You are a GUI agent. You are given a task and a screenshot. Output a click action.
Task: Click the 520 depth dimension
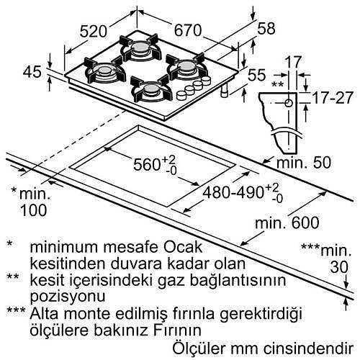(93, 31)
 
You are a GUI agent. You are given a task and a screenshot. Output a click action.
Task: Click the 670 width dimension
(188, 30)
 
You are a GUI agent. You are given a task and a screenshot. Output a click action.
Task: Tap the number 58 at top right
(266, 28)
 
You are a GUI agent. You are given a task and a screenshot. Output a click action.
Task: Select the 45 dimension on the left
(32, 72)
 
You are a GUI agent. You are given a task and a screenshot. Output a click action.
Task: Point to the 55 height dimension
(257, 75)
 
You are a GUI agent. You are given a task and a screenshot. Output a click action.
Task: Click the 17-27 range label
(333, 98)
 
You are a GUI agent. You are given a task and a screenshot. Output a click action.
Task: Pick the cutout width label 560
(155, 164)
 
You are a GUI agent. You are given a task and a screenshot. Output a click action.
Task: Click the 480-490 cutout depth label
(243, 193)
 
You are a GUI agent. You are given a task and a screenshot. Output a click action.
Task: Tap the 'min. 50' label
(304, 163)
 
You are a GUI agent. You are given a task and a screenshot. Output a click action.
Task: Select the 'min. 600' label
(287, 222)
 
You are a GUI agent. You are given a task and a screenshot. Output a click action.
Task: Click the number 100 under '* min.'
(33, 210)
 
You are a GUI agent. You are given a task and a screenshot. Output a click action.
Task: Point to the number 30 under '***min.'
(339, 267)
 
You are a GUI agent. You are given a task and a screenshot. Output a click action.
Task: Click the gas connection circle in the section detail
(289, 103)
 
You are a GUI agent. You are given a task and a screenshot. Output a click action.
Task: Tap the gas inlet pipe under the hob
(225, 91)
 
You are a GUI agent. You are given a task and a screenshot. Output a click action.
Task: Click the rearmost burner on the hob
(139, 48)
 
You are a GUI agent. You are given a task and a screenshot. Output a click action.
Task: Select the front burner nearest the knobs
(150, 89)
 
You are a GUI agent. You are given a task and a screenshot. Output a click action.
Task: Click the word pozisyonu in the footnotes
(68, 297)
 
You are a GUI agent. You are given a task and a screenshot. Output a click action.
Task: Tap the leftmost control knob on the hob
(181, 96)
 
